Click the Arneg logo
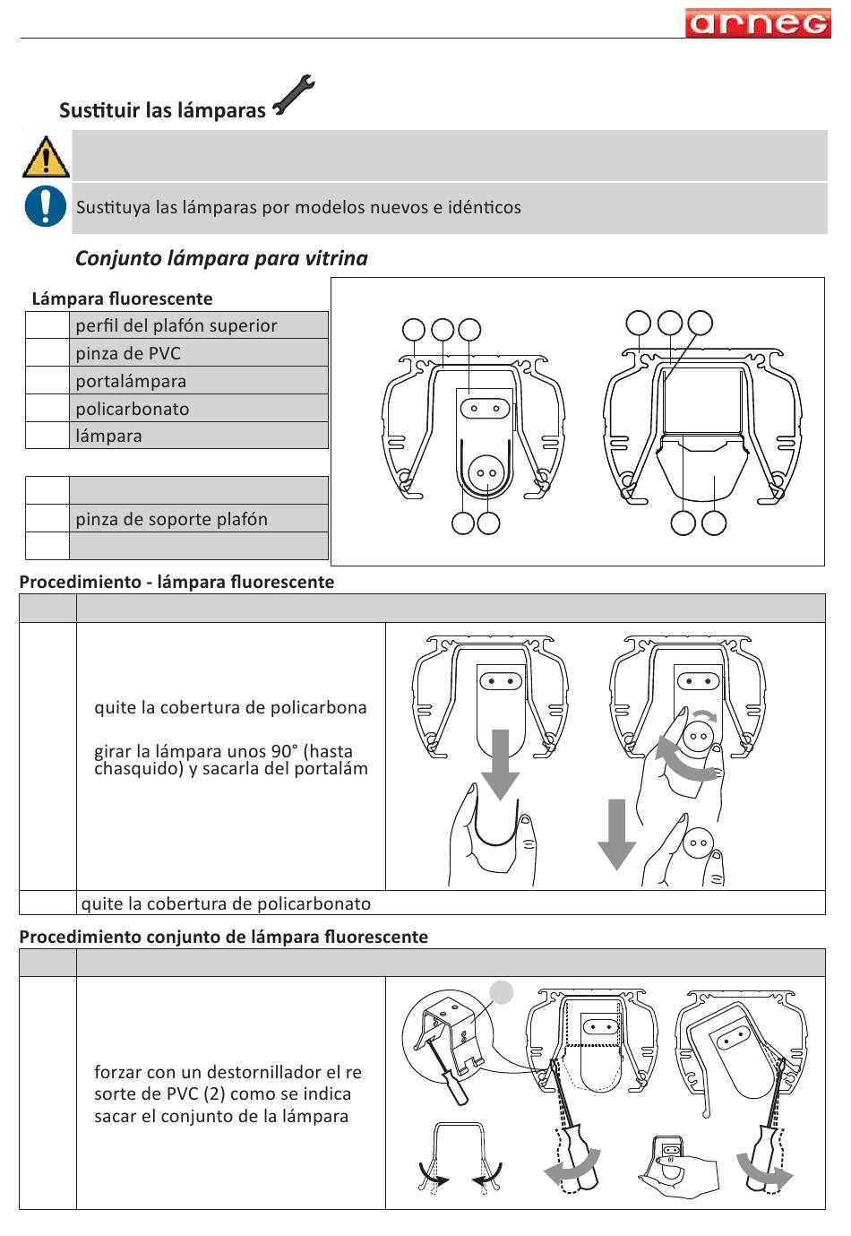tap(757, 22)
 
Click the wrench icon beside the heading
tap(293, 96)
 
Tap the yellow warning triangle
tap(45, 157)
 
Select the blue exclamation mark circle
tap(45, 206)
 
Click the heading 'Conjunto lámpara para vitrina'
tap(221, 258)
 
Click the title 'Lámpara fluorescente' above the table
tap(122, 298)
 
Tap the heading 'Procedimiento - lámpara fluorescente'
tap(176, 582)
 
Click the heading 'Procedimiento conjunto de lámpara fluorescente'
tap(223, 937)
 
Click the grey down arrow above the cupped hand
tap(500, 762)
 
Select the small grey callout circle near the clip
tap(502, 992)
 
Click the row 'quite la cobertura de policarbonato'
tap(226, 903)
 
